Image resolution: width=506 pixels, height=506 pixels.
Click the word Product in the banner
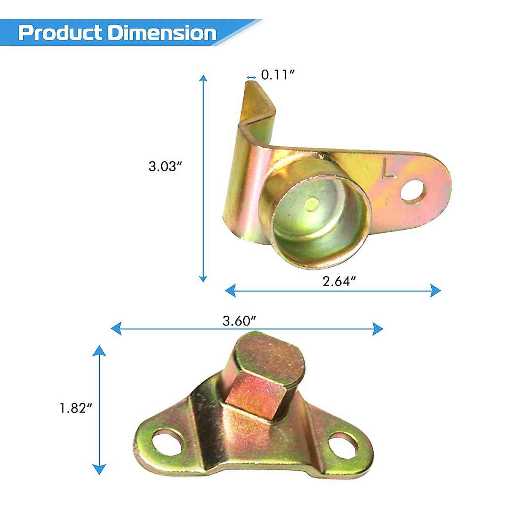[60, 33]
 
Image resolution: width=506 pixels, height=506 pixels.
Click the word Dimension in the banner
[162, 33]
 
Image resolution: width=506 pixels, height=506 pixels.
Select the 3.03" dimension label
[165, 166]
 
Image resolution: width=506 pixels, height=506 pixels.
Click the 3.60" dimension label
[240, 320]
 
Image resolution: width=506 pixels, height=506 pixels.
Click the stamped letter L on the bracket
[388, 168]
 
